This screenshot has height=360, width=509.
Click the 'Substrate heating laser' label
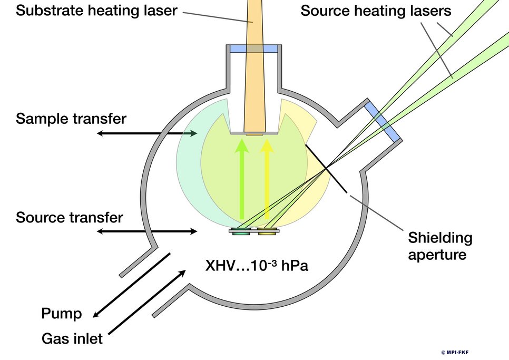click(96, 10)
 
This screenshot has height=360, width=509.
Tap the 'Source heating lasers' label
click(376, 10)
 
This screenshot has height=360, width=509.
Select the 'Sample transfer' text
click(71, 119)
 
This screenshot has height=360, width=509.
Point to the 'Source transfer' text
click(70, 217)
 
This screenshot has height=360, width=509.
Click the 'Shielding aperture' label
click(440, 246)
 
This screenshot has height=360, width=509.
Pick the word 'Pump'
click(62, 315)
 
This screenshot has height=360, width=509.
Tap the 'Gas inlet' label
click(72, 338)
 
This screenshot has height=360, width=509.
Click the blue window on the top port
click(254, 49)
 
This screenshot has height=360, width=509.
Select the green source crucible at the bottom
click(242, 232)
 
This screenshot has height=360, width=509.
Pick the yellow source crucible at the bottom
click(266, 232)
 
